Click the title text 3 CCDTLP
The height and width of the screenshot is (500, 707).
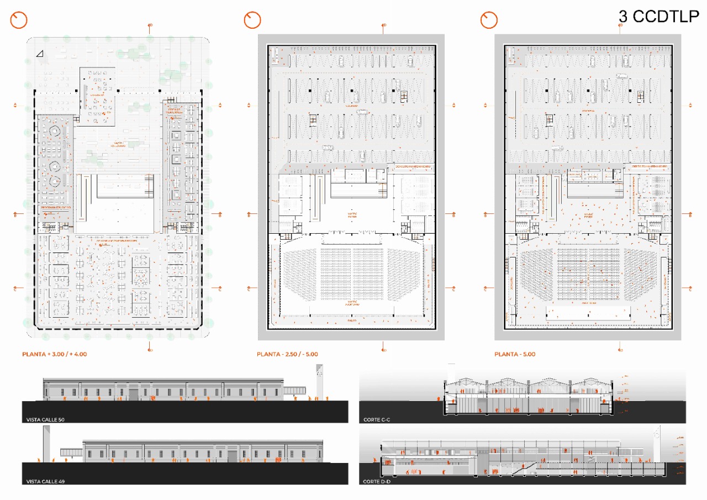coord(658,17)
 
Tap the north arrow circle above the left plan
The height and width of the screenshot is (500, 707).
coord(19,20)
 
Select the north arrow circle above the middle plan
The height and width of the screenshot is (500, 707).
coord(252,20)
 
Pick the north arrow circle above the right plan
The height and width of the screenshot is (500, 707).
coord(489,20)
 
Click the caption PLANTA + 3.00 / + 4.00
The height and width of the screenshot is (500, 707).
coord(54,354)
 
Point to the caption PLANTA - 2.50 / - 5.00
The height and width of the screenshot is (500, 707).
coord(287,354)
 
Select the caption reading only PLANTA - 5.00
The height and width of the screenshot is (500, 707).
coord(514,354)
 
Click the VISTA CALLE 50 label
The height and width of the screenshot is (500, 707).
coord(45,420)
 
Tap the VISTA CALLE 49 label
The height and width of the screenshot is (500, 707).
coord(45,482)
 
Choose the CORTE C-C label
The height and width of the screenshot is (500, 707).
coord(377,420)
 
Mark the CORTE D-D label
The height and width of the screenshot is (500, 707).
coord(377,482)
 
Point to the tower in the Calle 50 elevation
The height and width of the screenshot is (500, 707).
coord(319,381)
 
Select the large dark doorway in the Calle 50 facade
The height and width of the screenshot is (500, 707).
coord(135,393)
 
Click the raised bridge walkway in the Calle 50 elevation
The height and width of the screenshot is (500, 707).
coord(296,390)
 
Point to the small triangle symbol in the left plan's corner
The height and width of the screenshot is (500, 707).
coord(39,54)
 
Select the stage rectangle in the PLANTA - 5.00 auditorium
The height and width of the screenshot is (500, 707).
coord(588,314)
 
